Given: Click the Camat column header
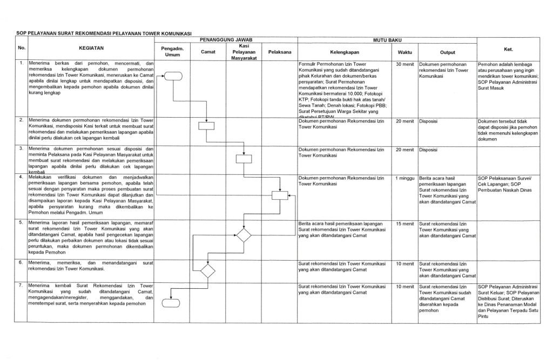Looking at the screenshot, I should point(207,52).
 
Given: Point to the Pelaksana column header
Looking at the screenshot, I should point(279,52).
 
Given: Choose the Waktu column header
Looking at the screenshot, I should point(404,52).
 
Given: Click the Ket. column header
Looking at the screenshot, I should point(508,49).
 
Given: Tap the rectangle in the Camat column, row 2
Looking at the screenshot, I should point(207,126).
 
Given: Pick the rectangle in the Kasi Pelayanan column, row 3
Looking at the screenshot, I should point(244,159).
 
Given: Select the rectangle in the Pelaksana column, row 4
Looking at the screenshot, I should point(280,196).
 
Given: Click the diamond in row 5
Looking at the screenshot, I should point(244,235).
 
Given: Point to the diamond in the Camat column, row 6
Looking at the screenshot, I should point(207,269).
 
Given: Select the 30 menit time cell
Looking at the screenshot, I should point(404,65).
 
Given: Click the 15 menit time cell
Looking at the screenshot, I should point(404,223).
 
